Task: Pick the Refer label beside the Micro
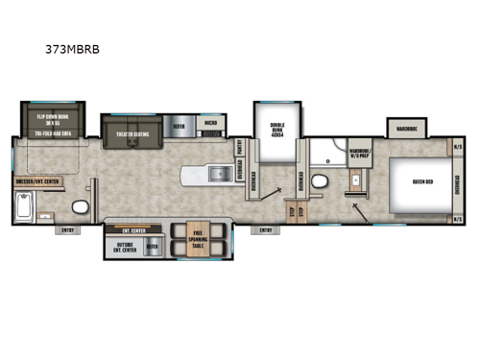pos(180,125)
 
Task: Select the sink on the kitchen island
pos(204,176)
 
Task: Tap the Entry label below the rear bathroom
pos(68,230)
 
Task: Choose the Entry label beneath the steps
pos(266,230)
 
